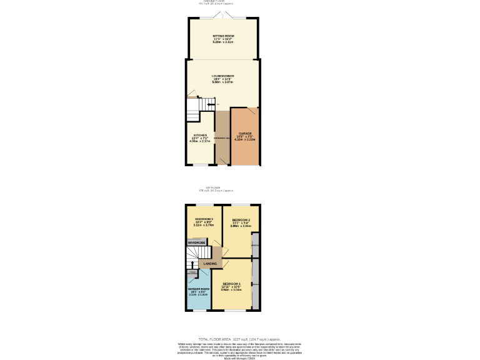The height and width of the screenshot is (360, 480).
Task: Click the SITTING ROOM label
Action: [x=222, y=37]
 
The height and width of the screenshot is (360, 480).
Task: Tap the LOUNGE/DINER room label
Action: [x=222, y=76]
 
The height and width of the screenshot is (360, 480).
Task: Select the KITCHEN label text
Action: [x=200, y=135]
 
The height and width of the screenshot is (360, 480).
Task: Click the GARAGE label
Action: [x=245, y=133]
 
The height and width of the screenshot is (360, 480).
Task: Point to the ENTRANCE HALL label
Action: [x=222, y=137]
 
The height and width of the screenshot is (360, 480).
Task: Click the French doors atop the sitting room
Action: [x=223, y=15]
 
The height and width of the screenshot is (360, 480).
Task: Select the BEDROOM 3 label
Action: [x=204, y=219]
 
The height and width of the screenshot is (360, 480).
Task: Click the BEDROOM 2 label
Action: [x=241, y=220]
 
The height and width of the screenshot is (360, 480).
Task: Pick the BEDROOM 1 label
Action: [x=231, y=284]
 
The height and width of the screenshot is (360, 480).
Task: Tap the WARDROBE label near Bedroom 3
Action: [x=197, y=242]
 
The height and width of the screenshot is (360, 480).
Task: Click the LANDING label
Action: [x=211, y=264]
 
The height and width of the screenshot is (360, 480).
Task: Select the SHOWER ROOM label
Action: [x=198, y=289]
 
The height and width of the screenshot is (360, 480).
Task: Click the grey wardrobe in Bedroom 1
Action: [x=255, y=284]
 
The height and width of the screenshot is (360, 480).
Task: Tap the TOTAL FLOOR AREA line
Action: [x=239, y=339]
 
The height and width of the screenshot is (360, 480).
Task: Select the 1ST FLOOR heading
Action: [x=214, y=187]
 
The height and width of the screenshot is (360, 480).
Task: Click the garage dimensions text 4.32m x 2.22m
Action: [x=245, y=139]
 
